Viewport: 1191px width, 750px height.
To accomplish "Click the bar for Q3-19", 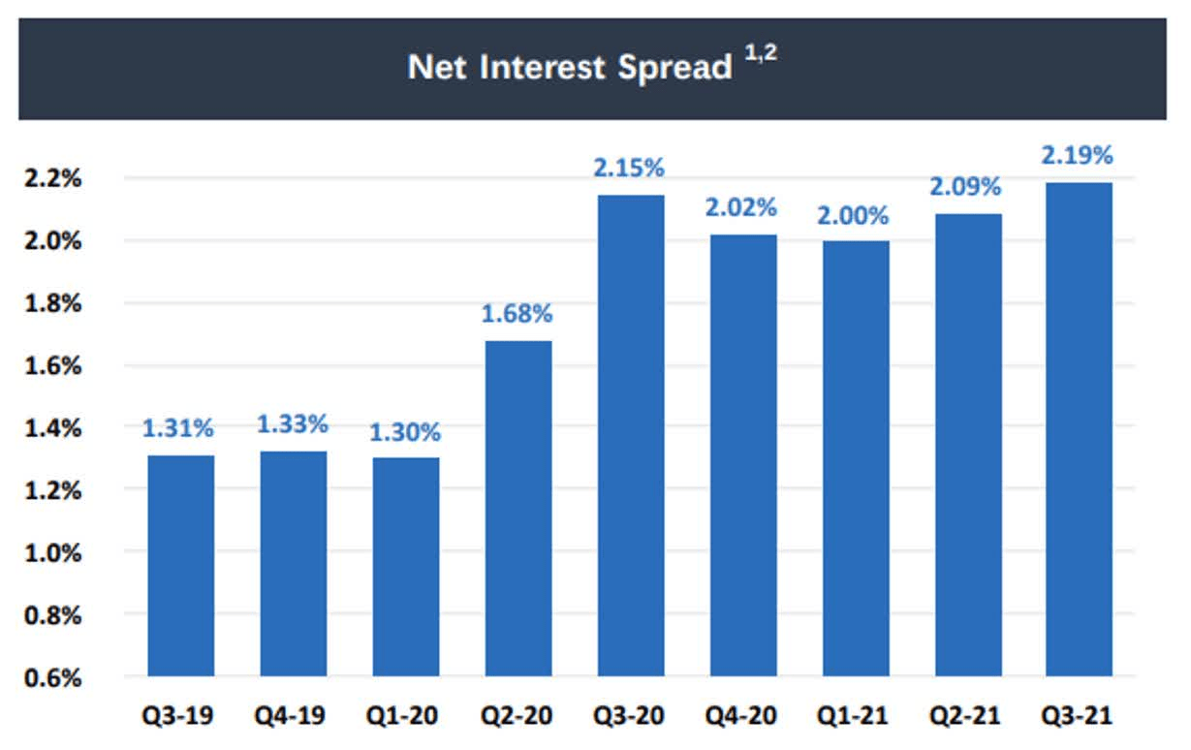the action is pyautogui.click(x=181, y=566).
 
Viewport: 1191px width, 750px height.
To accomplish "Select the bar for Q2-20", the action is pyautogui.click(x=518, y=508).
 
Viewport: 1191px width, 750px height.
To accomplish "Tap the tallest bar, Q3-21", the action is pyautogui.click(x=1079, y=429).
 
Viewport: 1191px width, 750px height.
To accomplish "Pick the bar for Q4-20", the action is pyautogui.click(x=743, y=455).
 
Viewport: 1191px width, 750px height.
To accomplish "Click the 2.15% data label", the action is pyautogui.click(x=629, y=168).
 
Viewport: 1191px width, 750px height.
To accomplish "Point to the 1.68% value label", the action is pyautogui.click(x=517, y=314).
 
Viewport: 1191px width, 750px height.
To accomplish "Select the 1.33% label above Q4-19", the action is pyautogui.click(x=293, y=424).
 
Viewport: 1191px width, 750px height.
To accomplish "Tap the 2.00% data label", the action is pyautogui.click(x=853, y=216).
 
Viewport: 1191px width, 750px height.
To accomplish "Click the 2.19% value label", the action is pyautogui.click(x=1077, y=155).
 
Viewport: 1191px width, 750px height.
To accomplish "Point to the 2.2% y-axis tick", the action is pyautogui.click(x=53, y=178).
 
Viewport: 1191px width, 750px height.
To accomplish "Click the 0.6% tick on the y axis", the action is pyautogui.click(x=53, y=677).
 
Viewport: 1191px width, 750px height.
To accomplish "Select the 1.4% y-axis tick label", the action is pyautogui.click(x=53, y=428).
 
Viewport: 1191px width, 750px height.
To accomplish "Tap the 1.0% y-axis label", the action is pyautogui.click(x=53, y=553).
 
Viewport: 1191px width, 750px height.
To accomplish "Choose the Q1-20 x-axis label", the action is pyautogui.click(x=402, y=715).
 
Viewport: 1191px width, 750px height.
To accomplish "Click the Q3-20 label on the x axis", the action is pyautogui.click(x=629, y=715).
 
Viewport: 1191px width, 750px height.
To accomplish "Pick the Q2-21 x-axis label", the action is pyautogui.click(x=965, y=715).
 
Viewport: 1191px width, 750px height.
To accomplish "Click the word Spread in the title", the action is pyautogui.click(x=675, y=68).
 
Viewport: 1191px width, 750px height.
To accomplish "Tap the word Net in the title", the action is pyautogui.click(x=437, y=67).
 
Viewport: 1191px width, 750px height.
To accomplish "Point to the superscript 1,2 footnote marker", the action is pyautogui.click(x=761, y=53).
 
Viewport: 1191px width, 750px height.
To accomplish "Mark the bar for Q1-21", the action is pyautogui.click(x=856, y=458).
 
